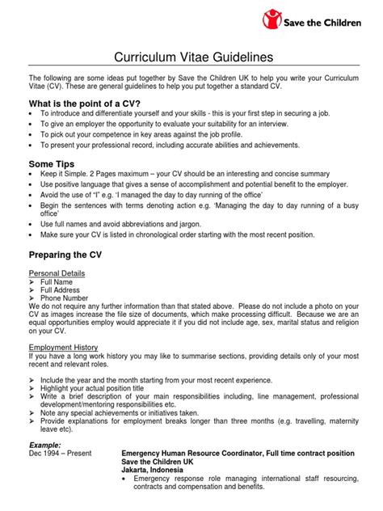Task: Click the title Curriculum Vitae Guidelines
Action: pyautogui.click(x=191, y=57)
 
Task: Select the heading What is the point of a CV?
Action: pyautogui.click(x=84, y=103)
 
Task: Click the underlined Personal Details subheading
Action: pyautogui.click(x=57, y=274)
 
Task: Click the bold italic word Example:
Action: pyautogui.click(x=46, y=444)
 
